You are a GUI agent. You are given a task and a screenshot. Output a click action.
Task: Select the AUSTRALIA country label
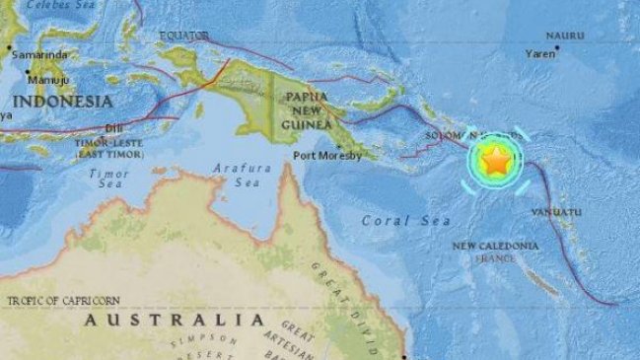pyautogui.click(x=174, y=320)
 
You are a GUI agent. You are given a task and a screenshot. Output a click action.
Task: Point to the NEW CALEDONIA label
pyautogui.click(x=495, y=246)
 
